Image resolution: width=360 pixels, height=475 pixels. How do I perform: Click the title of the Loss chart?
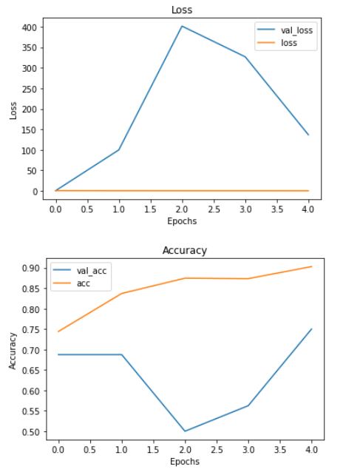[x=182, y=10]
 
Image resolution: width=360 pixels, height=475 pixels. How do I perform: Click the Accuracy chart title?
[x=184, y=250]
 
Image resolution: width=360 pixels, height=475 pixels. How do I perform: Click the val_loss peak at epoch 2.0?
[x=182, y=26]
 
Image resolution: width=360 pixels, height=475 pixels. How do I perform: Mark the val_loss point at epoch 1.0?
[x=119, y=149]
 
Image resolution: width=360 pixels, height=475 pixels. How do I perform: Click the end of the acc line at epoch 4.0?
[x=312, y=266]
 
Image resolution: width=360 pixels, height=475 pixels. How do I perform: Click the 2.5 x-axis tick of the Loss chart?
[x=214, y=209]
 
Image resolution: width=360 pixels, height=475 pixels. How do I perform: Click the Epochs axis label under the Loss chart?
[x=182, y=220]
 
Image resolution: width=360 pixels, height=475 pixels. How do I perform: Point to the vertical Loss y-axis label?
[x=12, y=110]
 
